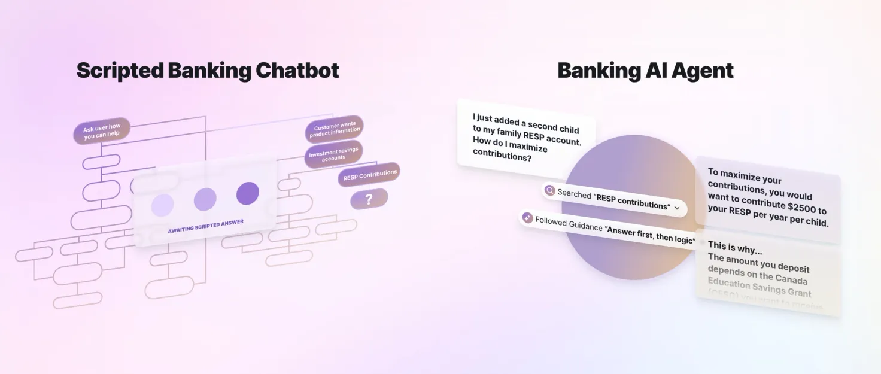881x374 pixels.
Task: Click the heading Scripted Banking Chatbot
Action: [x=208, y=71]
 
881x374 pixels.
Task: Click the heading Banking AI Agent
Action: [x=645, y=71]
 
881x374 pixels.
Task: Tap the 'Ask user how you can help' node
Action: [x=102, y=130]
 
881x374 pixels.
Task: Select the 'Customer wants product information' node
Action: [x=335, y=129]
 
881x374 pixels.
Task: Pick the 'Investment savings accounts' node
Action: [x=333, y=154]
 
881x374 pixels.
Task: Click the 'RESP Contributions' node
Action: [x=369, y=175]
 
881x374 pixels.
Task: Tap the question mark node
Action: [x=369, y=199]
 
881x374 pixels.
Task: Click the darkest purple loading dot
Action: [x=247, y=193]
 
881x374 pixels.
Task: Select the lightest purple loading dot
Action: [x=162, y=205]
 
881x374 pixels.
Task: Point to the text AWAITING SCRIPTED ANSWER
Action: [x=205, y=226]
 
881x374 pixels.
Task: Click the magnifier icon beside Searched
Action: [x=549, y=191]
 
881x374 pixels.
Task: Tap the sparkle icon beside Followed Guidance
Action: [x=527, y=218]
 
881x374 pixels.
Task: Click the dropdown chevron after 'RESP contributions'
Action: [x=677, y=208]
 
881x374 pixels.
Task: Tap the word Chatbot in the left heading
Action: [x=297, y=71]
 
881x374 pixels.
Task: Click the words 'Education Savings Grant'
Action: [x=760, y=287]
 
